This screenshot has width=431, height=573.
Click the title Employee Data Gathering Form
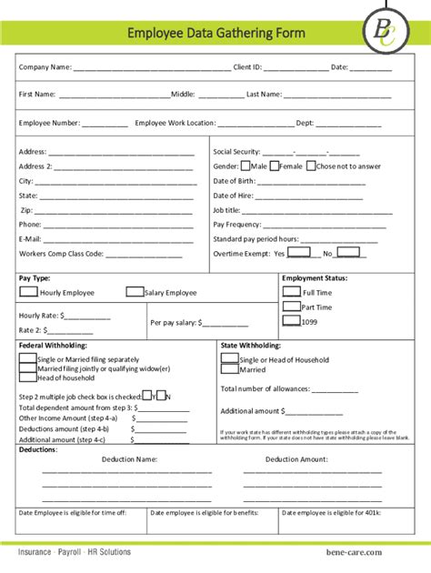point(215,34)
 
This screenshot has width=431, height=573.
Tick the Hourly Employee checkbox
point(29,292)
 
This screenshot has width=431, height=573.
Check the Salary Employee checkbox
point(135,292)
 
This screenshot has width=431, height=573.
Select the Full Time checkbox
point(291,292)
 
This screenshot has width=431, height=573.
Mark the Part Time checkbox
point(291,307)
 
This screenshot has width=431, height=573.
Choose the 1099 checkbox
point(291,320)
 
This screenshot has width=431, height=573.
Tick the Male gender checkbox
point(246,166)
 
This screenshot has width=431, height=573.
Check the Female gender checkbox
point(273,166)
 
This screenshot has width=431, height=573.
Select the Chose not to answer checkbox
point(311,166)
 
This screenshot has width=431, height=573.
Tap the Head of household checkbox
point(28,377)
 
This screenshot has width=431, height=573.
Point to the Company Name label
point(45,67)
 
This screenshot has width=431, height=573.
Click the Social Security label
point(236,152)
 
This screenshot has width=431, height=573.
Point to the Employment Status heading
point(315,278)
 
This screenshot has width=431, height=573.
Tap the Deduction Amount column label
point(296,459)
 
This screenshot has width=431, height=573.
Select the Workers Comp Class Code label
point(62,254)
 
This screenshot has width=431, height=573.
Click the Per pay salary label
point(174,322)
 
